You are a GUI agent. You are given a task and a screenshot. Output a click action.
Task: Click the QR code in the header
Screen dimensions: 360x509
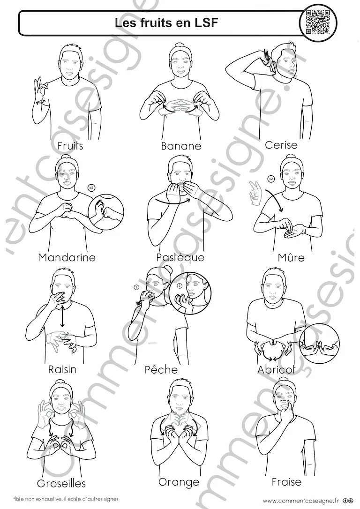click(x=318, y=22)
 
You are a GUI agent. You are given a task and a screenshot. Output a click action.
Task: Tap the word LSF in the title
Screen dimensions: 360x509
click(x=206, y=22)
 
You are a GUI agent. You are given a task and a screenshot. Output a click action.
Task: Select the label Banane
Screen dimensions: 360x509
click(x=181, y=146)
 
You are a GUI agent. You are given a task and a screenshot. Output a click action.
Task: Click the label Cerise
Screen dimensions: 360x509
click(x=281, y=145)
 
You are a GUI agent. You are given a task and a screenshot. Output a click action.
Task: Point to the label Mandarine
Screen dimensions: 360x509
click(x=67, y=257)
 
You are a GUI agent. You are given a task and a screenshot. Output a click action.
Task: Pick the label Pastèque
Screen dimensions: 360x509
click(x=180, y=257)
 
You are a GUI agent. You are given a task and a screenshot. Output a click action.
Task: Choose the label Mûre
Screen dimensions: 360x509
click(x=291, y=257)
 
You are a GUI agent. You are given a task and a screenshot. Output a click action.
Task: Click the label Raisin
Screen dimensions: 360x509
click(x=62, y=369)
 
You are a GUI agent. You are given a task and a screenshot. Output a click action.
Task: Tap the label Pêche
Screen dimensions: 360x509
click(x=161, y=369)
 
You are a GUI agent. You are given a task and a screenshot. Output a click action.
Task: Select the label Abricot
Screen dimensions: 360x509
click(x=277, y=369)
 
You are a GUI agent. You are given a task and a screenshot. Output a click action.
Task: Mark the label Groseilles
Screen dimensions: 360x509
click(x=61, y=484)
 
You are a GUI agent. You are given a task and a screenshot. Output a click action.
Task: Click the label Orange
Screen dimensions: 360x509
click(x=179, y=482)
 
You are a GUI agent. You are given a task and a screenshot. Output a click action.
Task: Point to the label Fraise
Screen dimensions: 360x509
click(x=286, y=482)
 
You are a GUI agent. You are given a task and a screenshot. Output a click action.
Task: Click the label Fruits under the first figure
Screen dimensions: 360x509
click(x=70, y=146)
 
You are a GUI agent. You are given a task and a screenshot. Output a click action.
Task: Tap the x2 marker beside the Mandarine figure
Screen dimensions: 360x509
click(x=92, y=187)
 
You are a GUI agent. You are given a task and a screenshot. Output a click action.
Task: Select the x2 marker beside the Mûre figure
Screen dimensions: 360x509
click(x=271, y=178)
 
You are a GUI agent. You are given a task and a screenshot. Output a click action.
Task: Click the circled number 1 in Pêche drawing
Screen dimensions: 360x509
click(x=137, y=287)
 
